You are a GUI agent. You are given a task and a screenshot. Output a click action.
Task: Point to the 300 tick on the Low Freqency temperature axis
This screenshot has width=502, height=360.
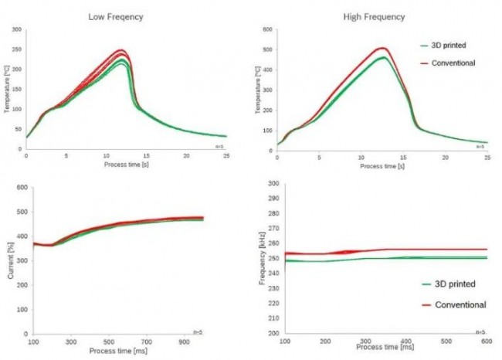click(16, 30)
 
